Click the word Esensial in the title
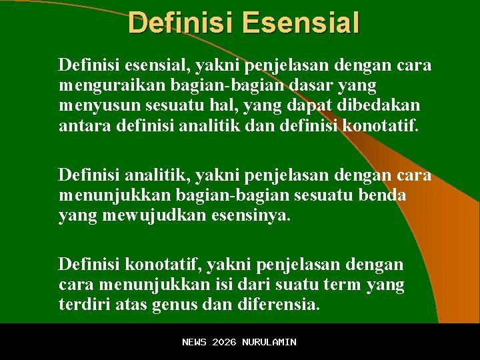(x=301, y=22)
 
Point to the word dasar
(x=316, y=85)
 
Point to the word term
(x=345, y=285)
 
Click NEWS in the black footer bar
(x=195, y=342)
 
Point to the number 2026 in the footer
(x=224, y=342)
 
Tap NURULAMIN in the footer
(x=269, y=342)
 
